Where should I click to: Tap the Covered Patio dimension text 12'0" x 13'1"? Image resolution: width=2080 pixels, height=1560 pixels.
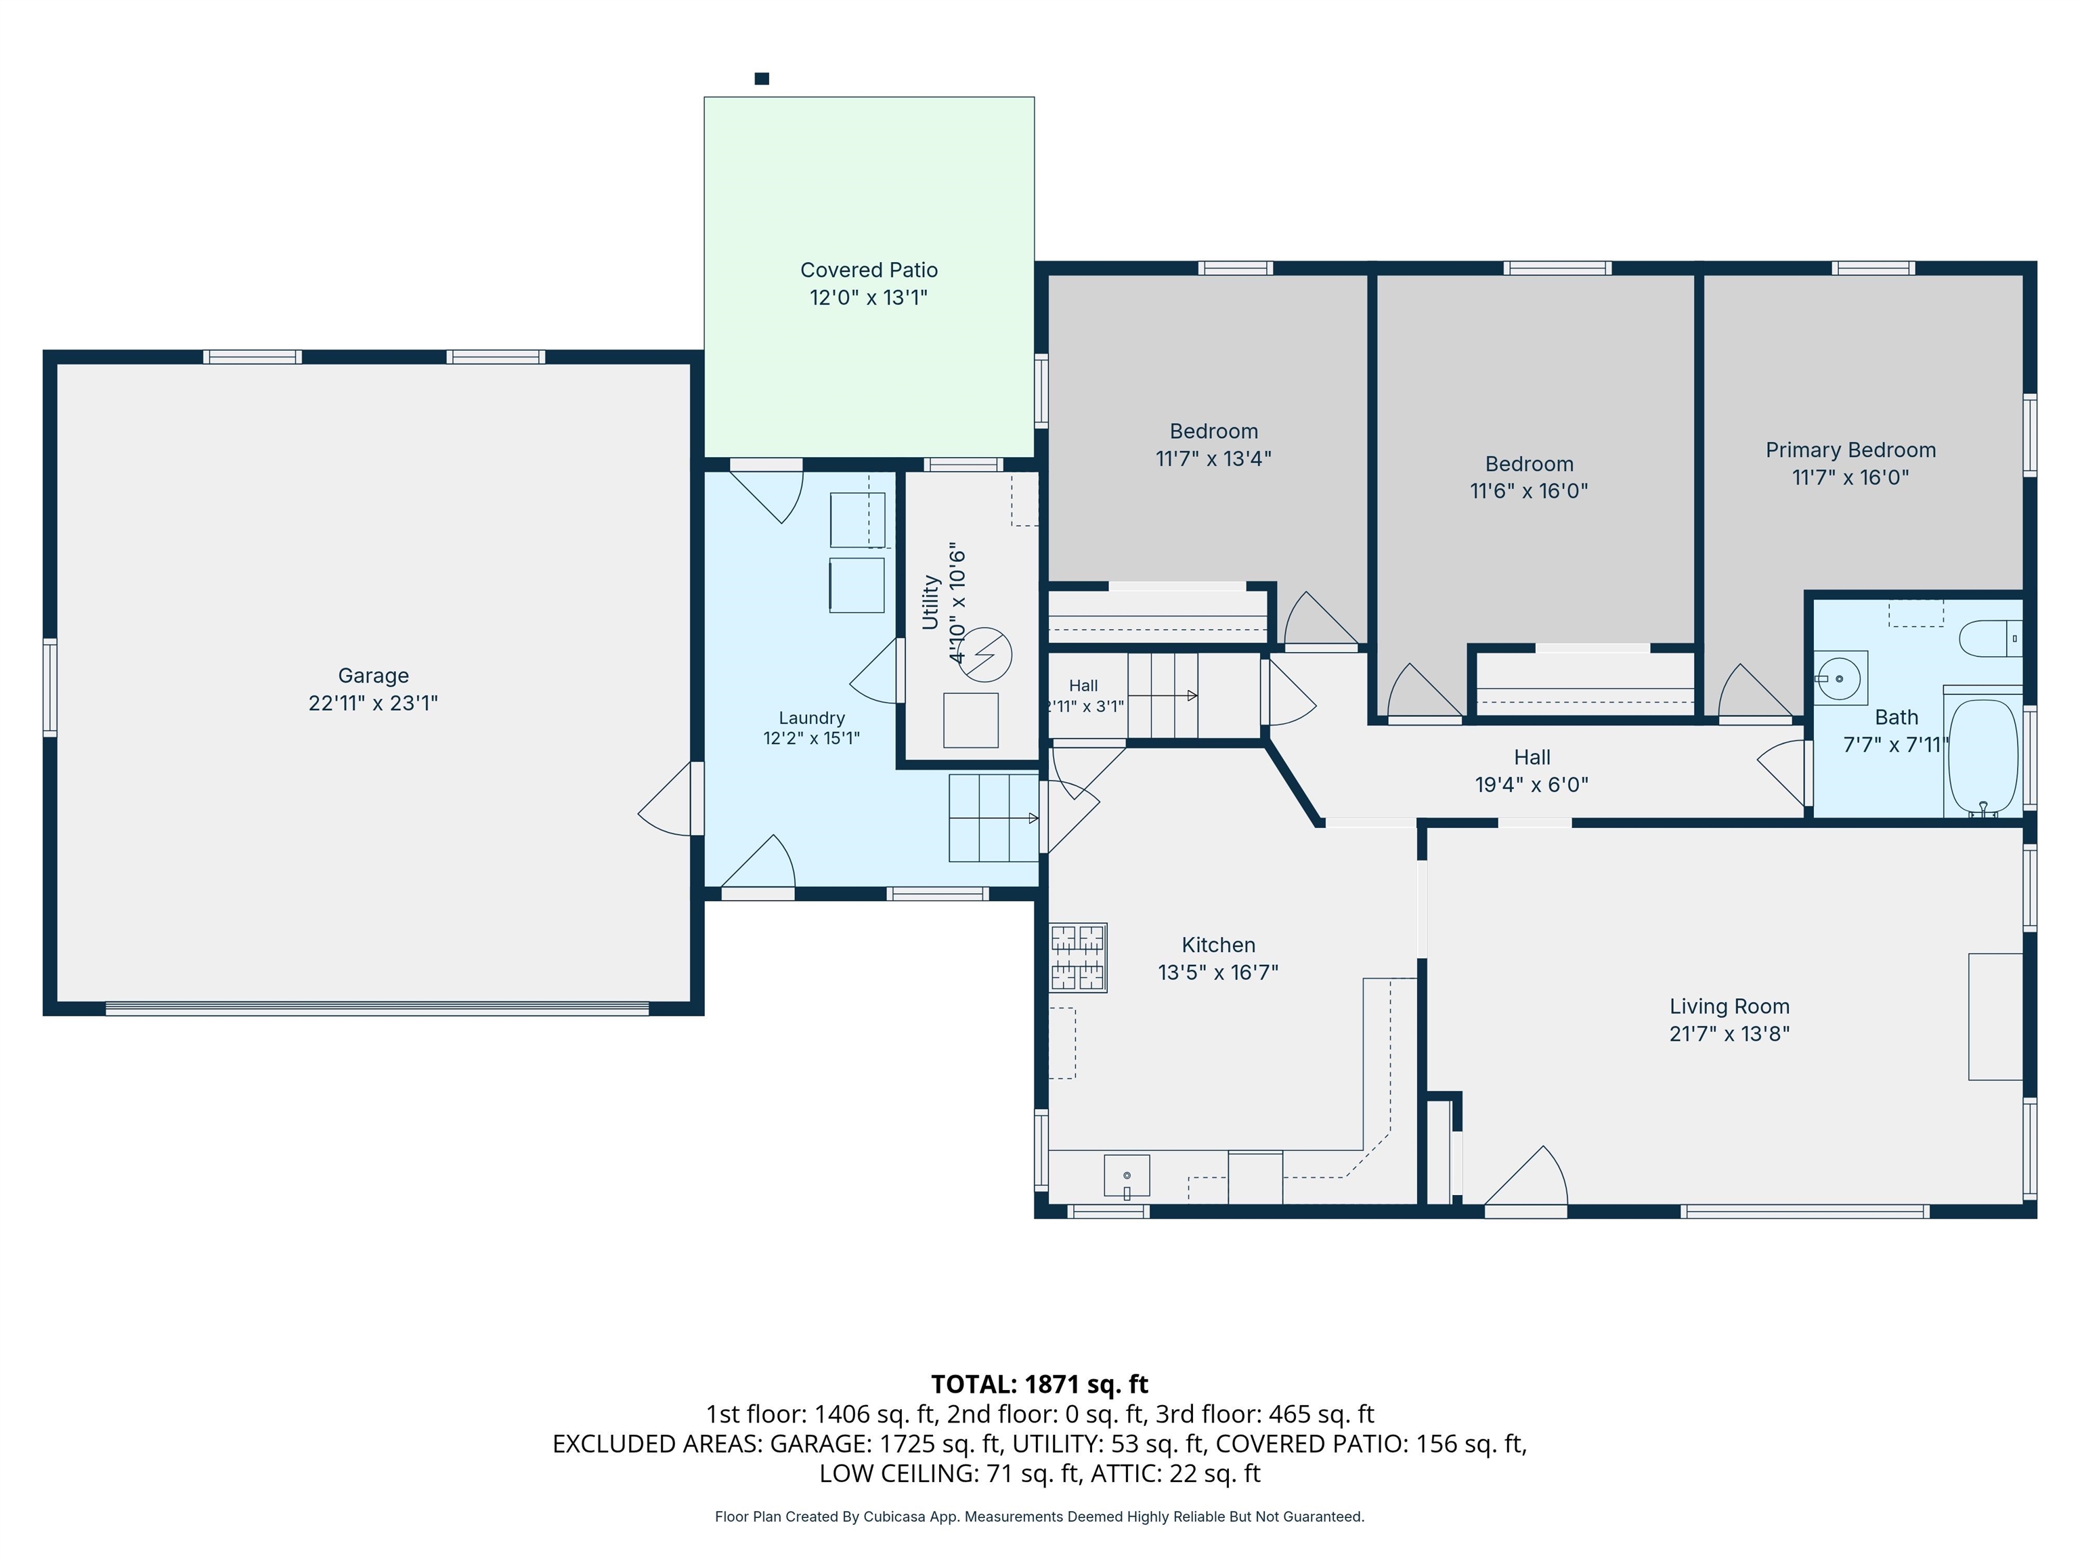pyautogui.click(x=869, y=297)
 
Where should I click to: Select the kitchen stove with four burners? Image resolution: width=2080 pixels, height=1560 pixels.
pyautogui.click(x=1078, y=957)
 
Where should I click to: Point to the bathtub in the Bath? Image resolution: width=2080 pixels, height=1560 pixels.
pyautogui.click(x=1983, y=757)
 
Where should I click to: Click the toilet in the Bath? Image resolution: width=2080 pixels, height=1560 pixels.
pyautogui.click(x=1991, y=638)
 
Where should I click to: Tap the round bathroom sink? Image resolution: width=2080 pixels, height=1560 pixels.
pyautogui.click(x=1839, y=678)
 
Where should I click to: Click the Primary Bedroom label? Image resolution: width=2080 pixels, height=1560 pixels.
pyautogui.click(x=1850, y=450)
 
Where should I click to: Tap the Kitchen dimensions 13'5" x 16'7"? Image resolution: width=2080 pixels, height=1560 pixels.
pyautogui.click(x=1217, y=972)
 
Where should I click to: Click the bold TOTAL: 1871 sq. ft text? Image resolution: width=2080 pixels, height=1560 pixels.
pyautogui.click(x=1039, y=1384)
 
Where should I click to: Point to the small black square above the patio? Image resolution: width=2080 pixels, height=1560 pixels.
pyautogui.click(x=762, y=79)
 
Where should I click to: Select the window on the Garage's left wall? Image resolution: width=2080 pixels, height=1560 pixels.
pyautogui.click(x=50, y=687)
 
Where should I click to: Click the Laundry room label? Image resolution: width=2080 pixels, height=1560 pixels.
pyautogui.click(x=812, y=718)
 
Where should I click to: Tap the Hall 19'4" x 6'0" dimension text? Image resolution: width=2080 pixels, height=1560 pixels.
pyautogui.click(x=1532, y=784)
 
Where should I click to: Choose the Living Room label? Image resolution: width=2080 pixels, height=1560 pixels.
pyautogui.click(x=1729, y=1006)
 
